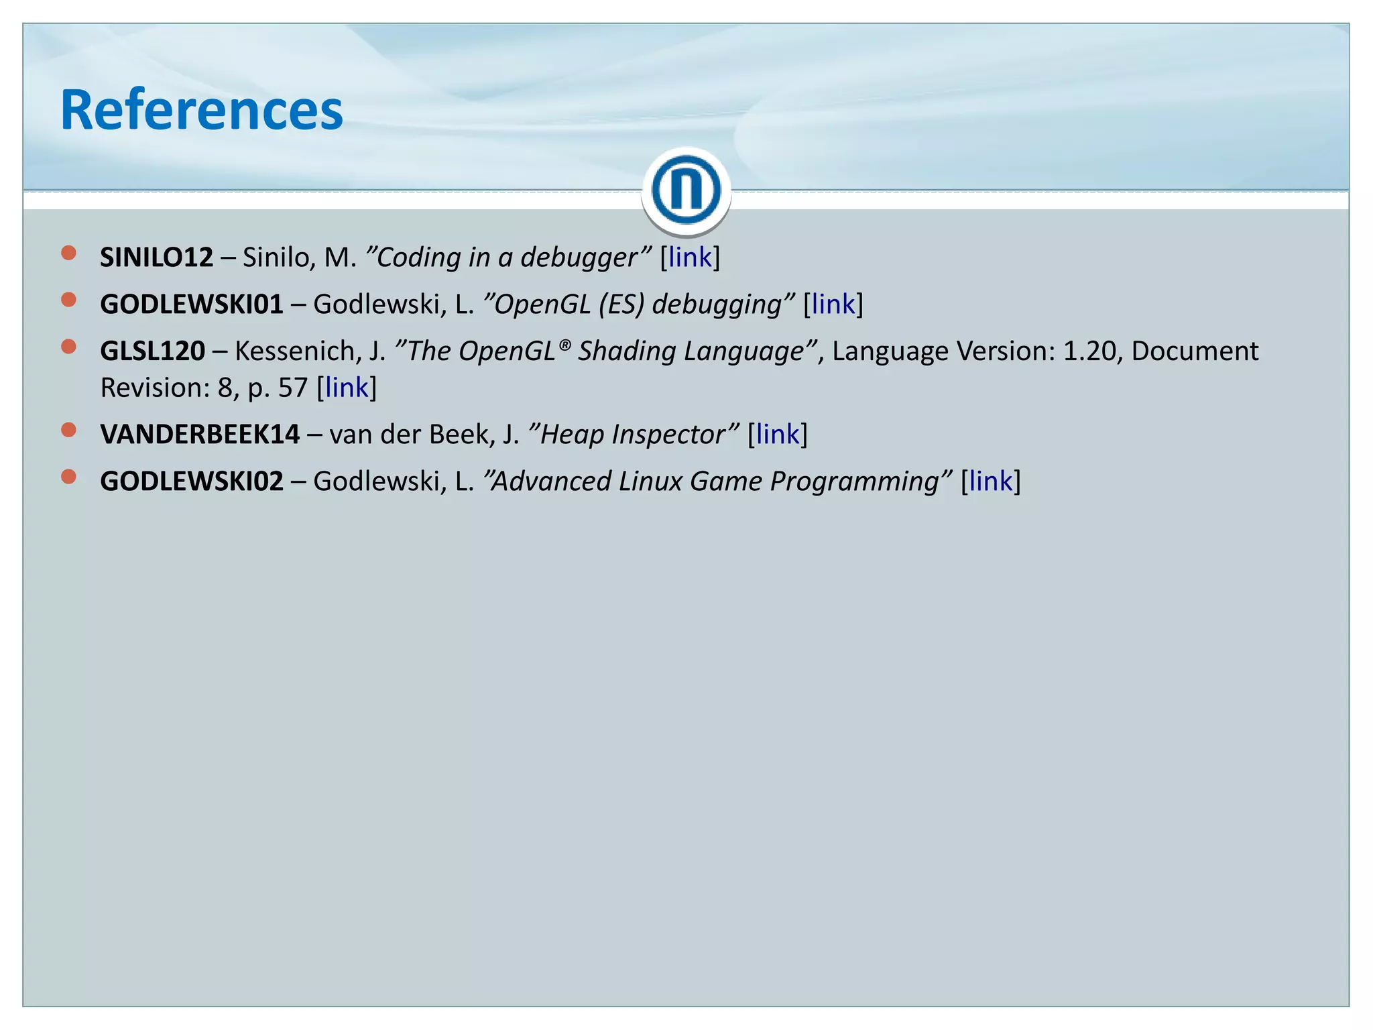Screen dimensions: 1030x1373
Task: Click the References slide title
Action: click(x=201, y=111)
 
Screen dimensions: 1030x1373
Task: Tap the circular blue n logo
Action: click(x=686, y=190)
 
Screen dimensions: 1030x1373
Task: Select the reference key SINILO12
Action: click(x=156, y=257)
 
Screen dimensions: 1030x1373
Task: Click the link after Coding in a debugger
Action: click(x=689, y=257)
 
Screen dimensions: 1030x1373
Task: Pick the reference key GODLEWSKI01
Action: click(x=192, y=304)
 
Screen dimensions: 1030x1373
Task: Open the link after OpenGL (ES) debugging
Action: click(x=833, y=304)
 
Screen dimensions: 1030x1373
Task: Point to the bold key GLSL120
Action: click(x=152, y=351)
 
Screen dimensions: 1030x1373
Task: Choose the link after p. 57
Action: click(x=346, y=388)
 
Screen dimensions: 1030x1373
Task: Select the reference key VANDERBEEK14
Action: click(x=200, y=435)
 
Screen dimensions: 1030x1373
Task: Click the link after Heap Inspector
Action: click(x=777, y=435)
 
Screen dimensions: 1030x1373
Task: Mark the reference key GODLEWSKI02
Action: click(x=192, y=481)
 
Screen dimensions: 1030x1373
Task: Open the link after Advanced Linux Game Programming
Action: click(x=990, y=481)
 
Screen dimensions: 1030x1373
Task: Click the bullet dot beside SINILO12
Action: click(x=68, y=253)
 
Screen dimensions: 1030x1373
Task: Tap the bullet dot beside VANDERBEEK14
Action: click(x=68, y=430)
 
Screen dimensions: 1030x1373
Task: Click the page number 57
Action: click(x=292, y=388)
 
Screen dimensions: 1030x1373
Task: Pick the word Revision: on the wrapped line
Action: click(x=154, y=388)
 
